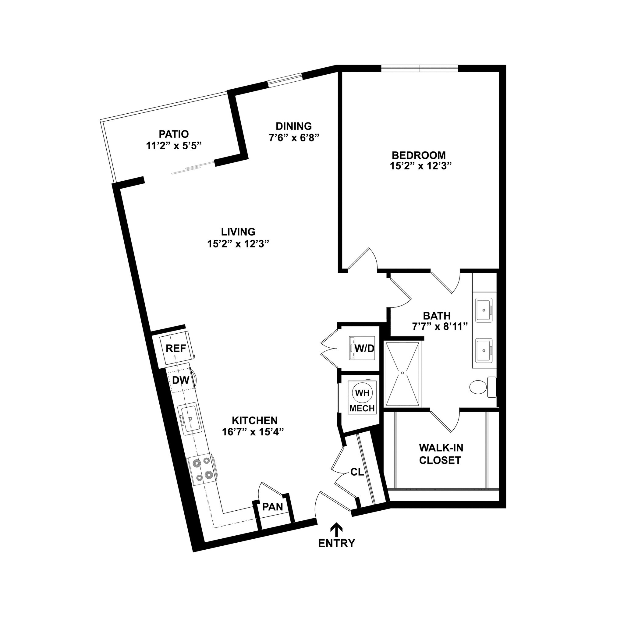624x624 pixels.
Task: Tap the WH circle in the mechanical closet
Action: point(362,393)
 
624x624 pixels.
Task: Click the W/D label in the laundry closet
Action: point(364,348)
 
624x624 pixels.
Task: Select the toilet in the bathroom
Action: point(479,387)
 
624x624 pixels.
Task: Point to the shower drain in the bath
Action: point(403,372)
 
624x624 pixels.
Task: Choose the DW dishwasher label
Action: point(181,380)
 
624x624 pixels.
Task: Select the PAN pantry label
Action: point(272,507)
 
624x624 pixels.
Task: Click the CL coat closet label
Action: point(357,472)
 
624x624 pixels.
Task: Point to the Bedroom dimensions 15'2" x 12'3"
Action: point(420,166)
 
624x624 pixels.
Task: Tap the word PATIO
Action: point(174,134)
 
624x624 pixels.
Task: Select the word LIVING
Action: point(238,232)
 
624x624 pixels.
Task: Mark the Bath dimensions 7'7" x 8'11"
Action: point(440,327)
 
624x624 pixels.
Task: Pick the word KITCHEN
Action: point(254,420)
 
